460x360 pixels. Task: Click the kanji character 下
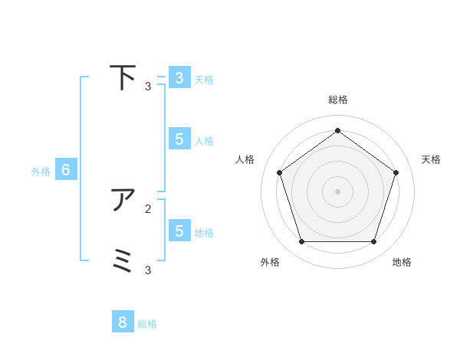pyautogui.click(x=123, y=77)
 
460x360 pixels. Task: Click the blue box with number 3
pyautogui.click(x=179, y=78)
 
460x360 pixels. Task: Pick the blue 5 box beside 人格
pyautogui.click(x=179, y=139)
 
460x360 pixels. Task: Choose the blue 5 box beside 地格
pyautogui.click(x=179, y=231)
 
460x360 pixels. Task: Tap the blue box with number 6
pyautogui.click(x=66, y=170)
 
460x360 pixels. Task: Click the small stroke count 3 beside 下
pyautogui.click(x=148, y=87)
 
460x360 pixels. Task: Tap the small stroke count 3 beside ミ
pyautogui.click(x=148, y=270)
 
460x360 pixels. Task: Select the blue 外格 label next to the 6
pyautogui.click(x=41, y=172)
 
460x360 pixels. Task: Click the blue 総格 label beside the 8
pyautogui.click(x=147, y=324)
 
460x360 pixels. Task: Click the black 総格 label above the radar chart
pyautogui.click(x=337, y=100)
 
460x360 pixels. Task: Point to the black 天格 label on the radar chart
pyautogui.click(x=431, y=159)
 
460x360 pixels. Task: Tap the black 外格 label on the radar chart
pyautogui.click(x=270, y=262)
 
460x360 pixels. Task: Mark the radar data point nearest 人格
pyautogui.click(x=279, y=172)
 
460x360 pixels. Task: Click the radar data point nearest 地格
pyautogui.click(x=373, y=241)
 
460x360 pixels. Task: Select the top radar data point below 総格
pyautogui.click(x=337, y=130)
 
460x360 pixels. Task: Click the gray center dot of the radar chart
pyautogui.click(x=337, y=191)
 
